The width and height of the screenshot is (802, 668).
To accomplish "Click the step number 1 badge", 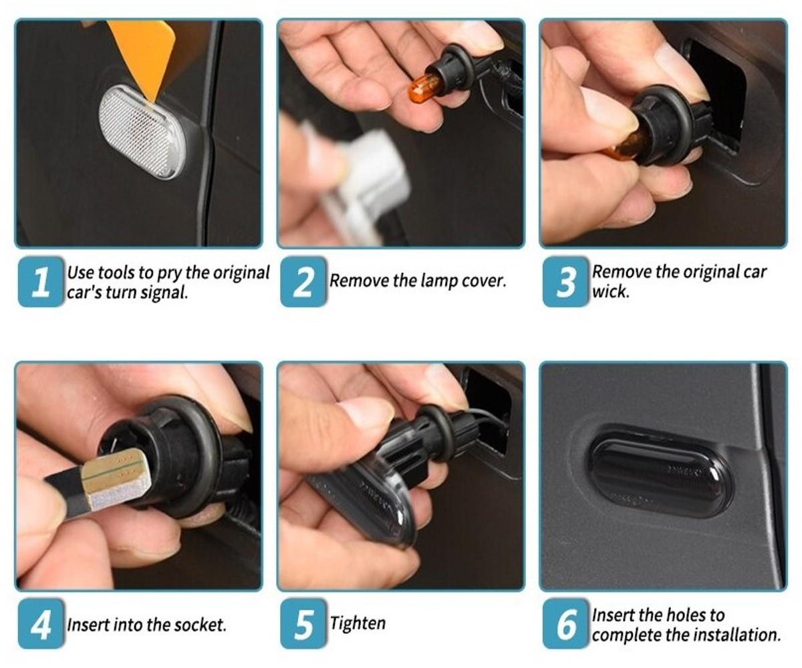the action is [x=40, y=282].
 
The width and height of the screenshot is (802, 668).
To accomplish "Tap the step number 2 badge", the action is [x=303, y=282].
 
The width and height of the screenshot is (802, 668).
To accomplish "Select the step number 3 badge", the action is [x=565, y=282].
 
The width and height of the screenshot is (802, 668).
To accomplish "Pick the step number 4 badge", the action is [x=40, y=624].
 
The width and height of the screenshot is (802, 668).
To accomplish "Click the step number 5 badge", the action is [x=303, y=624].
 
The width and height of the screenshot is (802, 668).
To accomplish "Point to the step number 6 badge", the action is [x=565, y=624].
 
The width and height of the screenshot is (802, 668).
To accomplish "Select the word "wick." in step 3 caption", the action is [x=611, y=292].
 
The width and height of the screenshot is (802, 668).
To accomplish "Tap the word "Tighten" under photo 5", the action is [x=358, y=624].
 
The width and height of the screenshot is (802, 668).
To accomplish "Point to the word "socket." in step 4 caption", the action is [x=200, y=625].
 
